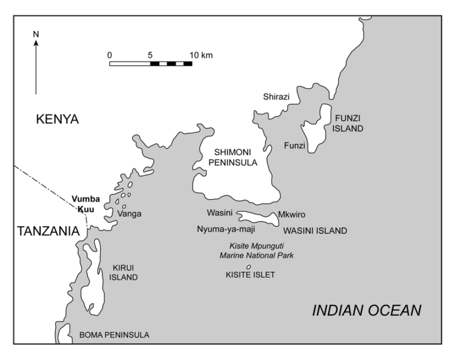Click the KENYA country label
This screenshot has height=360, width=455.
pos(57,120)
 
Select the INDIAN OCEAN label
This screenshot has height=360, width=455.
pos(367,310)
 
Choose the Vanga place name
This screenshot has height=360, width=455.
pos(129,214)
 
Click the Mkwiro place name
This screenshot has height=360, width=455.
pos(291,214)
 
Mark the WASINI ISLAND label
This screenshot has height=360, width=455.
pos(315,230)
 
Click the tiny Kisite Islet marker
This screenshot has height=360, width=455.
pos(248,267)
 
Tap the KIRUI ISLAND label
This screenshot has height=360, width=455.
pos(125,272)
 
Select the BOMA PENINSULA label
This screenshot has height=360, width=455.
pos(114,335)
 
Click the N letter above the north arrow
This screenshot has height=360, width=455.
pos(36,34)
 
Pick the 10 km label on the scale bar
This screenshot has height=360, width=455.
pos(201,55)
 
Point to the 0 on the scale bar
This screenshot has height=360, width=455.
pos(110,55)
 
